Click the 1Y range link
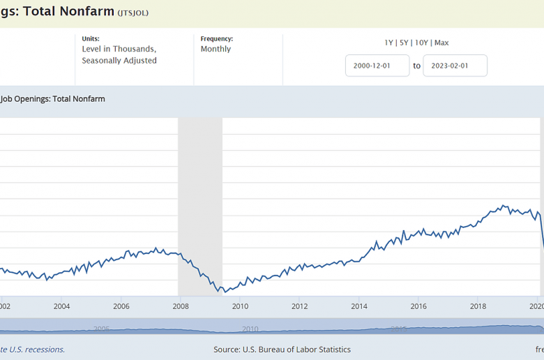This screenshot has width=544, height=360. [x=389, y=43]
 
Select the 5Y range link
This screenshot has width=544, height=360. [x=404, y=43]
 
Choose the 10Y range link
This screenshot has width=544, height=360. [x=421, y=43]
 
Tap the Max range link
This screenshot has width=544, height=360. [x=441, y=43]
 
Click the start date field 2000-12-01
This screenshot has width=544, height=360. [x=377, y=66]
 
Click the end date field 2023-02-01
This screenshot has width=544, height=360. [x=455, y=66]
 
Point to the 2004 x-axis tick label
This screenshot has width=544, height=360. [x=61, y=306]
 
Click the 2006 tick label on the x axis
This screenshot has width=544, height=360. [x=121, y=306]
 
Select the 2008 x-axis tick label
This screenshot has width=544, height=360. [x=181, y=306]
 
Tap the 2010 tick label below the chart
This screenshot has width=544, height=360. [x=240, y=306]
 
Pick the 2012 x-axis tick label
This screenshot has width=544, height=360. [x=299, y=306]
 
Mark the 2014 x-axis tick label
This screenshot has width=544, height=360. [x=359, y=306]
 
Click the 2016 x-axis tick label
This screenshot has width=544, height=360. [x=418, y=306]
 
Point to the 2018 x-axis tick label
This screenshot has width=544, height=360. [x=478, y=306]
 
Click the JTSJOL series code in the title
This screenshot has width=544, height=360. [x=133, y=13]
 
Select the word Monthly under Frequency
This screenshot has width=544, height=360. [x=216, y=49]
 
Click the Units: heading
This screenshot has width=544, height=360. [x=91, y=38]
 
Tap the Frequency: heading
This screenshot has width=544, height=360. [x=216, y=38]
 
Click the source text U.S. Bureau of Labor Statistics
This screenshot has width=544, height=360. [x=304, y=350]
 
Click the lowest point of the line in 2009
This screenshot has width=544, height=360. [x=223, y=292]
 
